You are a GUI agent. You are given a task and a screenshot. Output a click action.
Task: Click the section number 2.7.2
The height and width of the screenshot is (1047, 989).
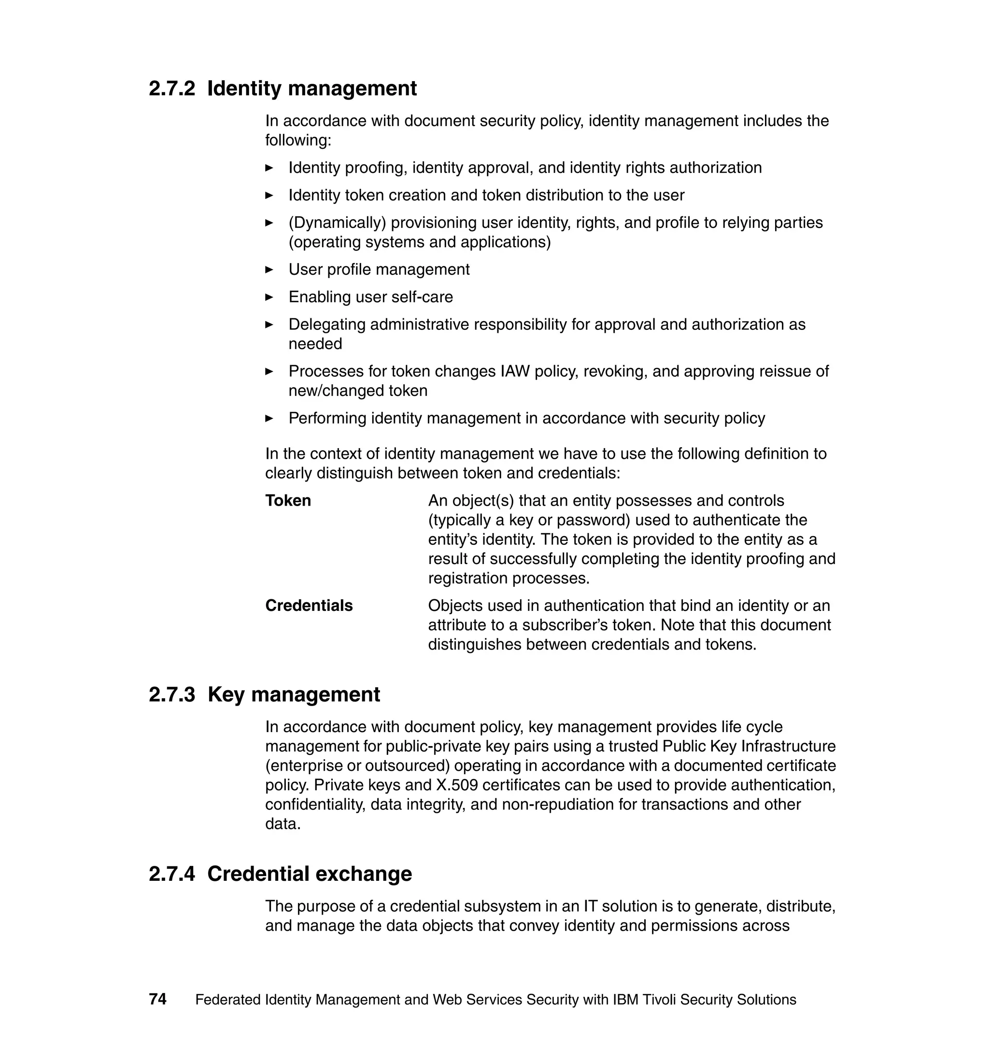click(172, 88)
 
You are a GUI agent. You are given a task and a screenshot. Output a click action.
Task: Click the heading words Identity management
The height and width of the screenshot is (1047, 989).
click(311, 88)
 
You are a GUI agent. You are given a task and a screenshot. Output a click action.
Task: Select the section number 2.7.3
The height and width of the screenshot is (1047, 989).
click(172, 694)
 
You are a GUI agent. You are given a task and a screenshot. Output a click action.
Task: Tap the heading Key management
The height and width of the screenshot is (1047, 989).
click(294, 694)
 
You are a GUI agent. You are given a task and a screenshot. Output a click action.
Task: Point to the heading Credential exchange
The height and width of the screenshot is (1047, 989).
click(310, 874)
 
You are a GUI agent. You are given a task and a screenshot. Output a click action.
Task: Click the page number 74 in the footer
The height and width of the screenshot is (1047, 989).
click(157, 999)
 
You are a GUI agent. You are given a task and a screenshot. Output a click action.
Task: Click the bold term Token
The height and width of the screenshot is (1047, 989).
click(288, 500)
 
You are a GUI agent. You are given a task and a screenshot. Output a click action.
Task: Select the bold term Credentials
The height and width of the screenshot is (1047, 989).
click(309, 605)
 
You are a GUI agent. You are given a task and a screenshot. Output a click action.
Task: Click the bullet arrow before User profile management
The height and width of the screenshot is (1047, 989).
click(269, 270)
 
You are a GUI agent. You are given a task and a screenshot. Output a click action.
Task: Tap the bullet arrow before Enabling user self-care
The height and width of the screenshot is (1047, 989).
click(269, 297)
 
